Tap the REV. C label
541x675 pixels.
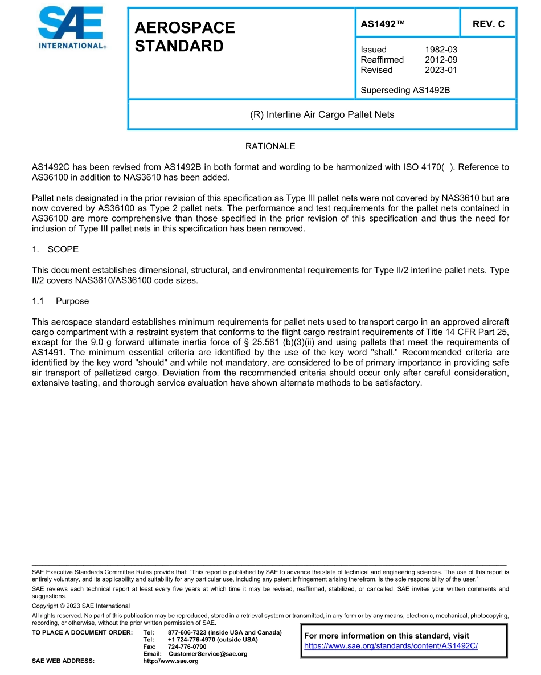tap(488, 24)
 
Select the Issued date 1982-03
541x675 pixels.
tap(441, 50)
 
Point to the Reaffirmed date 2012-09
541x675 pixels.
tap(441, 60)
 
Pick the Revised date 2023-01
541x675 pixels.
tap(441, 70)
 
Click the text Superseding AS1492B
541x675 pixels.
tap(405, 90)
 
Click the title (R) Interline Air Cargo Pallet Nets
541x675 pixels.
tap(322, 114)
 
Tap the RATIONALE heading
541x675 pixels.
tap(270, 146)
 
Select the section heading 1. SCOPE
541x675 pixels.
tap(55, 249)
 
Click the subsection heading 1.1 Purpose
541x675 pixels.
tap(60, 301)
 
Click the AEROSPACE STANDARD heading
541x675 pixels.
tap(185, 37)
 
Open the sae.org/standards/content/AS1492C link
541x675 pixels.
tap(391, 646)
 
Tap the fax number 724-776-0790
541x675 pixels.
tap(187, 647)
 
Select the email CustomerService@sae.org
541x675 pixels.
tap(208, 654)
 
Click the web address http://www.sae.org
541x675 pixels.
tap(183, 661)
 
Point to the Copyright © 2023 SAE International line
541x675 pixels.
tap(81, 606)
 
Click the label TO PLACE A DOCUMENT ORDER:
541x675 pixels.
tap(82, 633)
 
